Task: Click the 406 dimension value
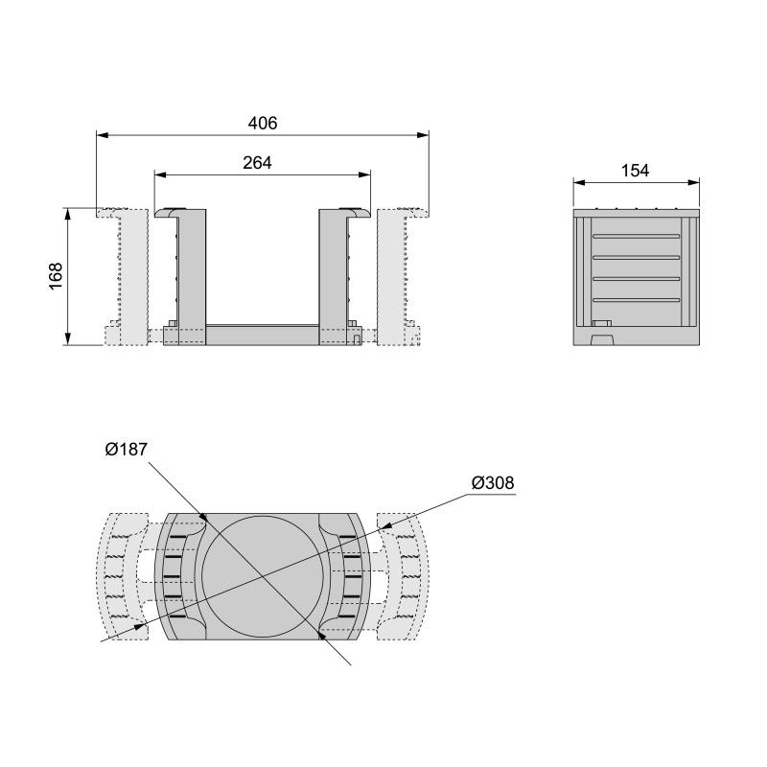coord(262,124)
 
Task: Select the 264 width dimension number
coord(257,163)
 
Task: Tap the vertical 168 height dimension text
coord(56,276)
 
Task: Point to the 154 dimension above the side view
coord(635,171)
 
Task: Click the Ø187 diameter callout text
coord(126,450)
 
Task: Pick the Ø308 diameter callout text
coord(493,482)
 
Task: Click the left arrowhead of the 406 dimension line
coord(102,135)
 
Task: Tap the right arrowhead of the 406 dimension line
coord(423,135)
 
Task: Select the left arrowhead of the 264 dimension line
coord(160,174)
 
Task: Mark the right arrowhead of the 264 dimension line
coord(365,174)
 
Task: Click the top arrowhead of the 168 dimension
coord(68,213)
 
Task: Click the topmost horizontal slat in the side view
coord(636,235)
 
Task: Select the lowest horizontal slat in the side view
coord(636,301)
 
